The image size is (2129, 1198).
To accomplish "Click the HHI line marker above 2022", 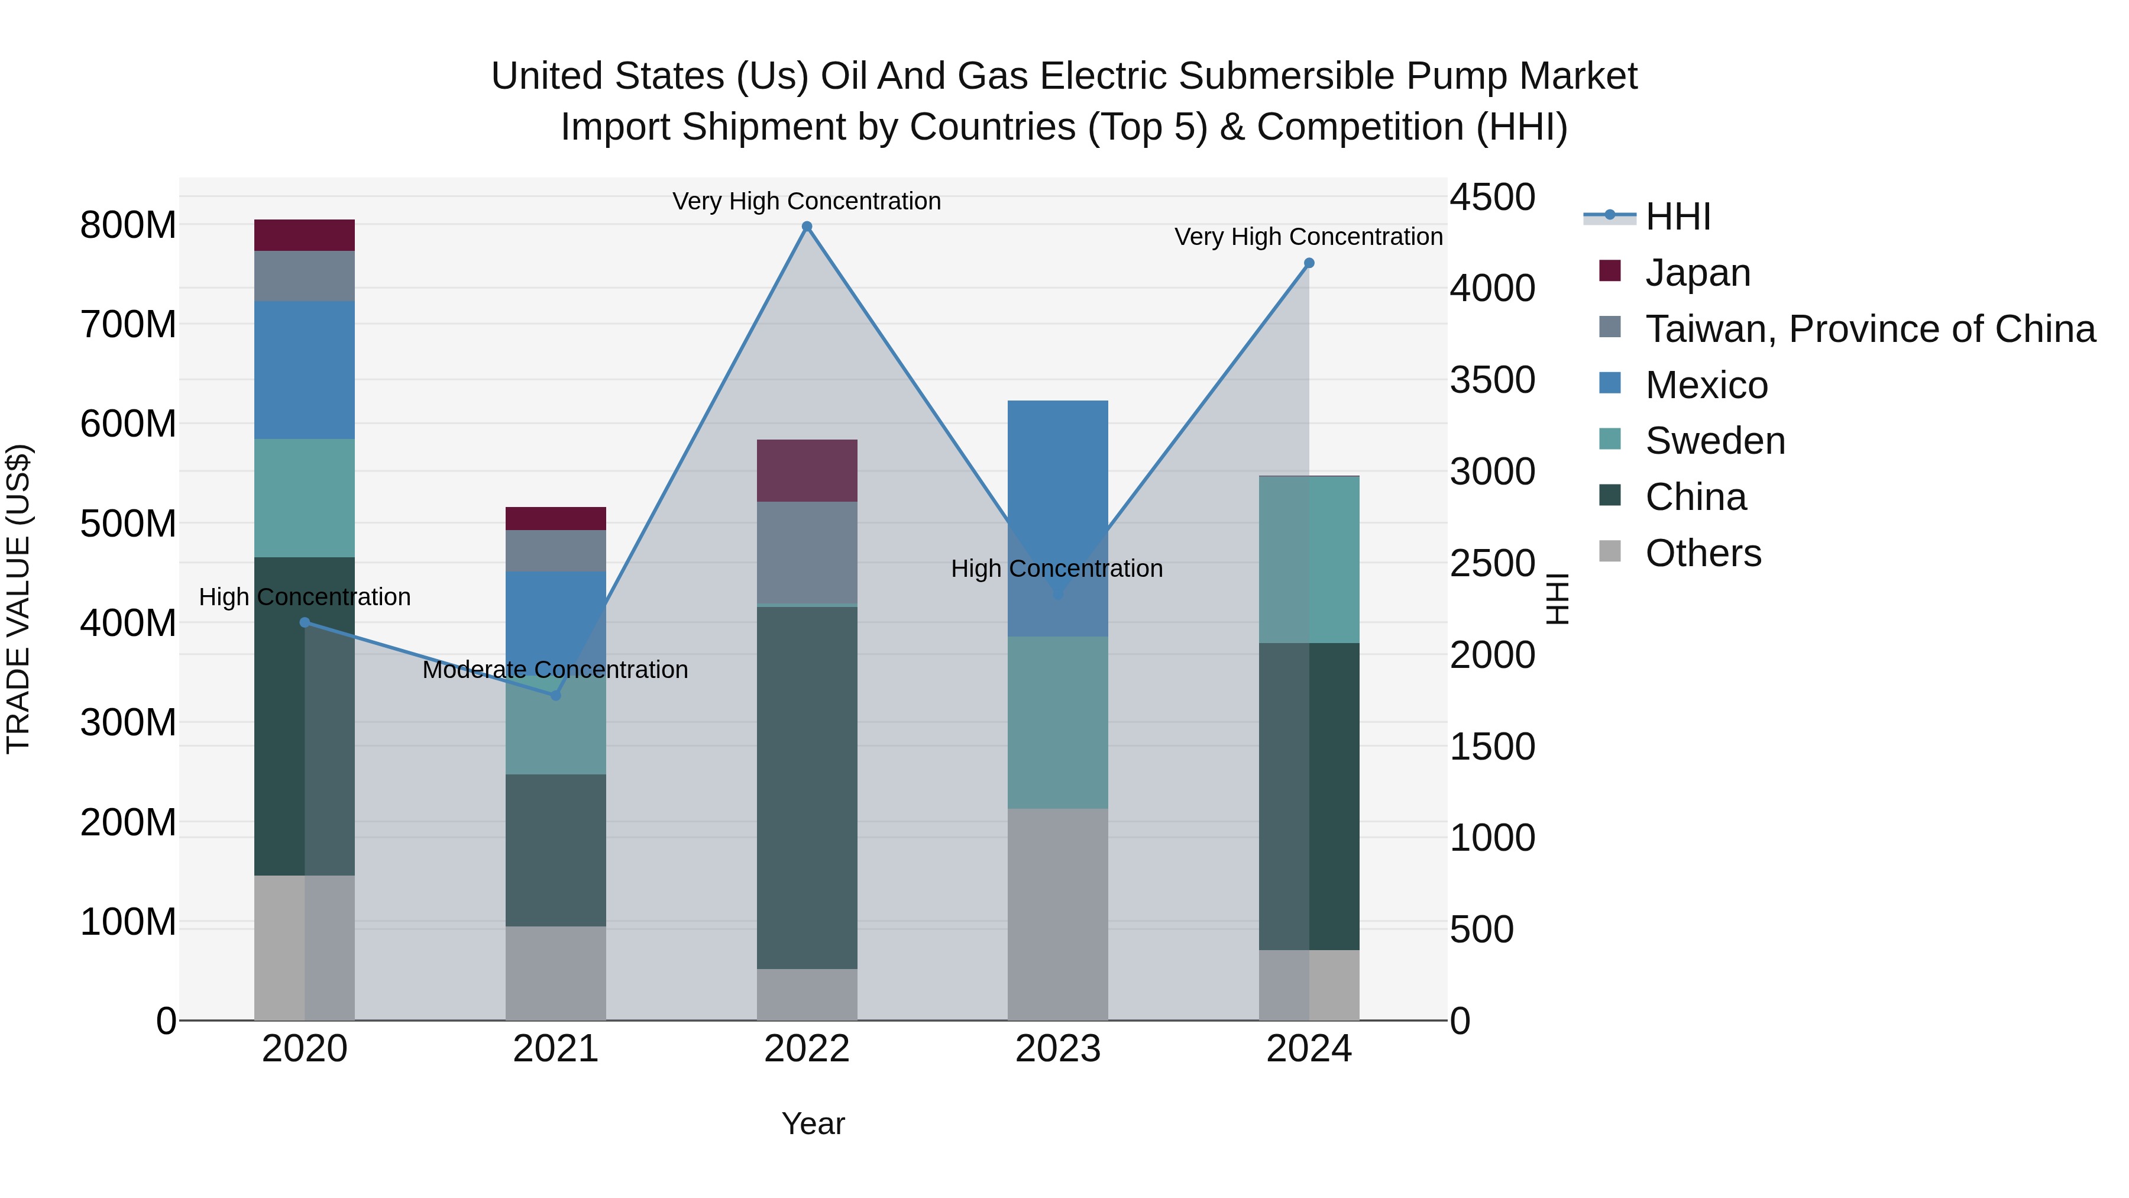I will click(x=807, y=227).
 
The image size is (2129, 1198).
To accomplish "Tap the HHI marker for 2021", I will click(x=555, y=695).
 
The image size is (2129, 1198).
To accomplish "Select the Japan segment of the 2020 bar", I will click(x=304, y=235).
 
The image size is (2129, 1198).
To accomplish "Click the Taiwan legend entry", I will click(x=1869, y=329).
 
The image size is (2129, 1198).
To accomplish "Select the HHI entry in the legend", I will click(x=1677, y=217).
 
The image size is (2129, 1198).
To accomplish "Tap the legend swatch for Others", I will click(x=1609, y=551).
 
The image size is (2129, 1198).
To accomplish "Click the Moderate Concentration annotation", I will click(x=555, y=670).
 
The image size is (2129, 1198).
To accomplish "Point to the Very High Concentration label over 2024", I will click(x=1308, y=237).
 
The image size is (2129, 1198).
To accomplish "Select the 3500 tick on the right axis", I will click(x=1492, y=380).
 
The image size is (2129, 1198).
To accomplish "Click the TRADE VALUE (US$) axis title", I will click(x=18, y=599).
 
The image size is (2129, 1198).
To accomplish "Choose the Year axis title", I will click(x=813, y=1123).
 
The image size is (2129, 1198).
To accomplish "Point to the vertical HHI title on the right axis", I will click(x=1557, y=599).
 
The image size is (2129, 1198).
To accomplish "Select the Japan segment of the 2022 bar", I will click(x=807, y=470).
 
